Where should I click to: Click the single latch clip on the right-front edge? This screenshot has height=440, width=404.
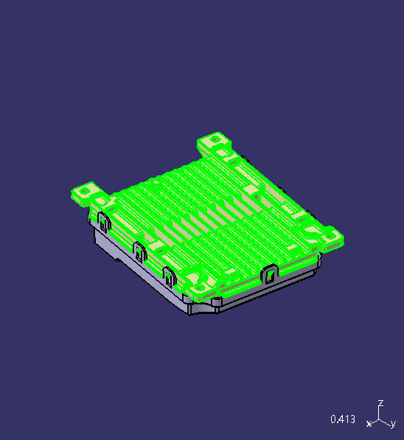point(270,274)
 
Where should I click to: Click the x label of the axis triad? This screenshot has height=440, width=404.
point(369,423)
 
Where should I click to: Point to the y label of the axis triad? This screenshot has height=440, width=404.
point(394,425)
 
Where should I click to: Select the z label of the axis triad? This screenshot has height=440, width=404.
point(380,403)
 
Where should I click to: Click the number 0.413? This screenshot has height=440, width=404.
point(343,419)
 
